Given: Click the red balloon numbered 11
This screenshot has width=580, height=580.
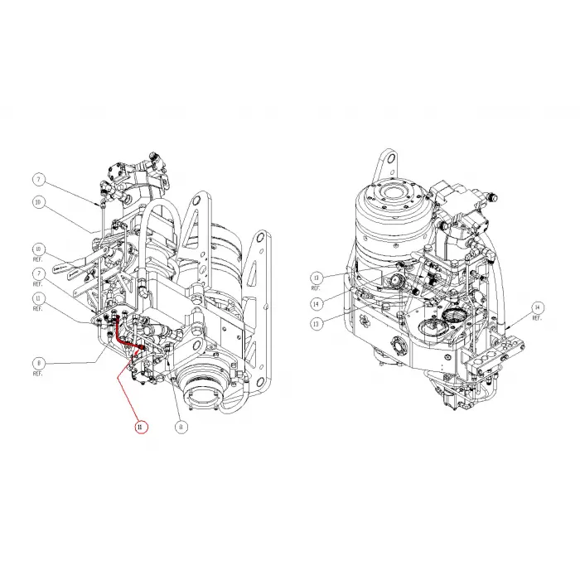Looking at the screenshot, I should (140, 428).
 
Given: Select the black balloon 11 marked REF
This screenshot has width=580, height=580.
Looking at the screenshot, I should (38, 298).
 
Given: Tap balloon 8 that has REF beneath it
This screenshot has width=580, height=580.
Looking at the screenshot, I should (38, 362).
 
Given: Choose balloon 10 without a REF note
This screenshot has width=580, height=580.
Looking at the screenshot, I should (38, 201).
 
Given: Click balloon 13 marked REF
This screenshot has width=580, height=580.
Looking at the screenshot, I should (315, 277).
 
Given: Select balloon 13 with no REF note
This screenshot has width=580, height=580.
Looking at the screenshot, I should (315, 324).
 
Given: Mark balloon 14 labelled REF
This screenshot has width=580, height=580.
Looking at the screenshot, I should (536, 307).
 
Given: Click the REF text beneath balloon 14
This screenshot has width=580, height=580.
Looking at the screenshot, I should (536, 319).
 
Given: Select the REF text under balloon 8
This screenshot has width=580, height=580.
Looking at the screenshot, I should (38, 374).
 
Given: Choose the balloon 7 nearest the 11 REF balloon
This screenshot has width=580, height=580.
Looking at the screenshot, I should (38, 273).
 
